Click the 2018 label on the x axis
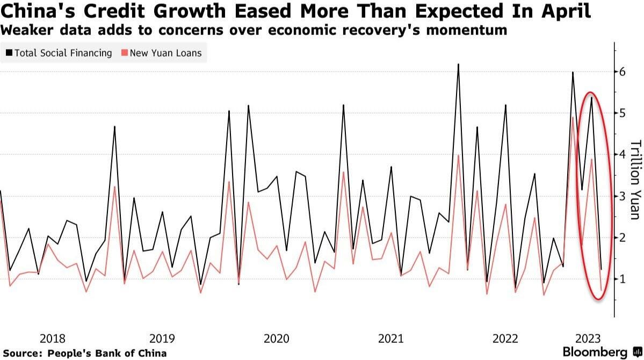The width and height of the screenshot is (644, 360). tap(53, 339)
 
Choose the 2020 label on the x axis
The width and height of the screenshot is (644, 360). tap(277, 339)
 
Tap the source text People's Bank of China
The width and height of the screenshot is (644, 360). tap(107, 353)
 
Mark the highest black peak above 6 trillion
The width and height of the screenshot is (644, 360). tap(458, 64)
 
